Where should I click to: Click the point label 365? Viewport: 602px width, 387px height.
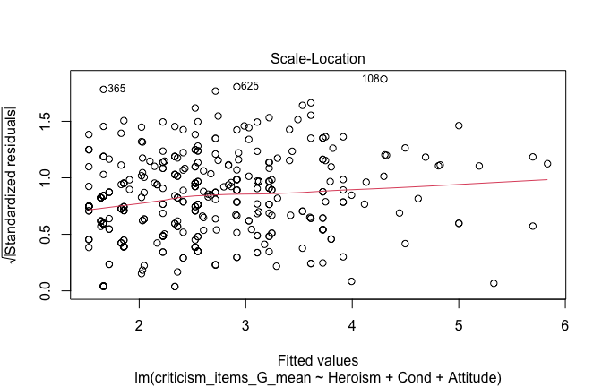pos(116,89)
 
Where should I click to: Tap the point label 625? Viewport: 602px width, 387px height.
pos(250,86)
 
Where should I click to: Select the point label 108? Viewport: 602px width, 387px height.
pos(371,79)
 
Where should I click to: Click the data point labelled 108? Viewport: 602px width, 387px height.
pos(383,79)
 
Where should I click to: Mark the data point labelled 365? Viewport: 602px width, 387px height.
pos(103,89)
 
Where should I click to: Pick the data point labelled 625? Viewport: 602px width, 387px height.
pos(236,87)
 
